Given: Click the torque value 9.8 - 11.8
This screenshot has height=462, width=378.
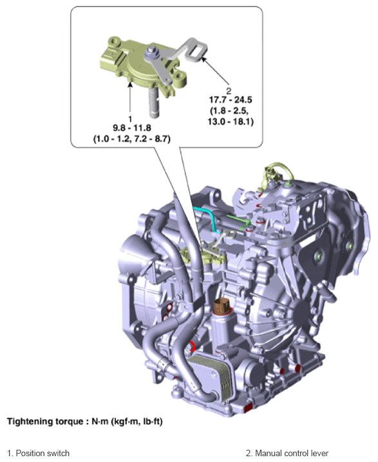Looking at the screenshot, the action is click(132, 128).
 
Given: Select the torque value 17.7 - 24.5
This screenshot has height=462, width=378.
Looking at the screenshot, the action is click(231, 100).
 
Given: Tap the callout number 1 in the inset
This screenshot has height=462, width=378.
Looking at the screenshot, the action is click(130, 119).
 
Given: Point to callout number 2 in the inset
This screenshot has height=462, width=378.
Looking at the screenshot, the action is click(229, 90).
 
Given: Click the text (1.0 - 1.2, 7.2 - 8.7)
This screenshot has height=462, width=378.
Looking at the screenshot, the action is click(132, 139).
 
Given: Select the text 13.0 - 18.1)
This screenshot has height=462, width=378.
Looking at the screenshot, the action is click(231, 121).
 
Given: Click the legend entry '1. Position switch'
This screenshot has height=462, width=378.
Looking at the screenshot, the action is click(38, 453).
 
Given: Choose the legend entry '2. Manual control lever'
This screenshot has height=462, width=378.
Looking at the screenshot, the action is click(287, 453).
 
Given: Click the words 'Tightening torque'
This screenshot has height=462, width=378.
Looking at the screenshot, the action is click(45, 421).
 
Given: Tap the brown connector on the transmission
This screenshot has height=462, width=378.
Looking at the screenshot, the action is click(222, 307).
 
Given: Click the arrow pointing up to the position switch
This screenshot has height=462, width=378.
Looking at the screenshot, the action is click(130, 99).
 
